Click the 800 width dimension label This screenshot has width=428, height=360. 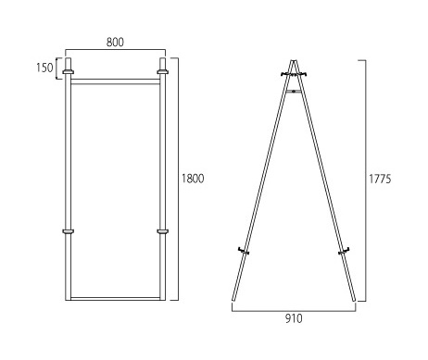(x=115, y=43)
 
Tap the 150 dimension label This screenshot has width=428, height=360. (x=44, y=68)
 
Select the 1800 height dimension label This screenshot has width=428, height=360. (x=193, y=179)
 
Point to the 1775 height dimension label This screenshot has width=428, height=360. (x=380, y=179)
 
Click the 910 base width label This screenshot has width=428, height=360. (x=294, y=318)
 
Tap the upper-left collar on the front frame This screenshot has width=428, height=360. (x=69, y=72)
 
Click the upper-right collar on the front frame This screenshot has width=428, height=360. (x=162, y=72)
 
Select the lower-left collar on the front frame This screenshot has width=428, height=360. (x=69, y=231)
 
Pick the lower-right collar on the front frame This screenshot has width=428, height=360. (x=162, y=231)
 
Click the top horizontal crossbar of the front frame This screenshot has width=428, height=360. (x=116, y=81)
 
